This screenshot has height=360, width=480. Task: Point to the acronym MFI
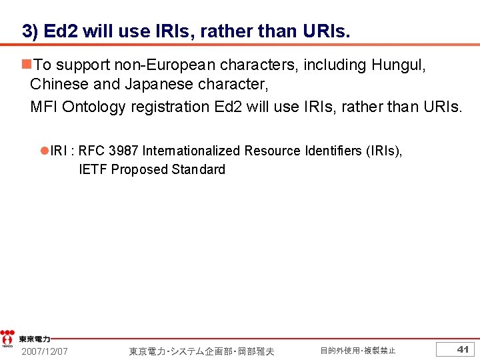44,107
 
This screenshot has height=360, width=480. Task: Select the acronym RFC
91,151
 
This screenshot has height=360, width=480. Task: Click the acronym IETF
93,169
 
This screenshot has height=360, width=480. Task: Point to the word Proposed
139,169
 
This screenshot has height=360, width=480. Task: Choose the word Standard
198,169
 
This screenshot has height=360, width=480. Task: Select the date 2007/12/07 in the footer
45,351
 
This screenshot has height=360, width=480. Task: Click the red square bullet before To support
26,65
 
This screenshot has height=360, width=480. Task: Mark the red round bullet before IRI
45,151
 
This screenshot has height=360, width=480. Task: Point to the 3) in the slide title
30,31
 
